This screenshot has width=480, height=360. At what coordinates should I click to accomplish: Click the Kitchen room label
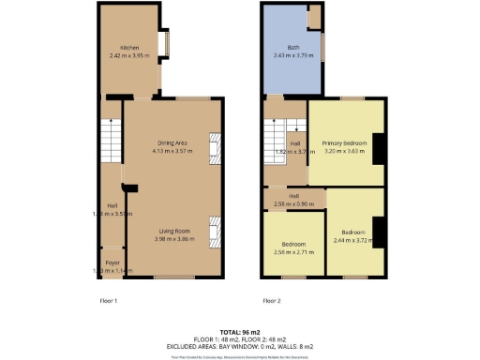(x=128, y=48)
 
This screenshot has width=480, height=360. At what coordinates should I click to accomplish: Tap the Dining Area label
(x=172, y=142)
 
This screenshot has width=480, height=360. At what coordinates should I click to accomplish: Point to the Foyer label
(x=112, y=263)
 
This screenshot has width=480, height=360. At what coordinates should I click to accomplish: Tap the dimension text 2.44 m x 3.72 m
(x=353, y=239)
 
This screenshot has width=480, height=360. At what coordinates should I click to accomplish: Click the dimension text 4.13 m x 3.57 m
(x=172, y=150)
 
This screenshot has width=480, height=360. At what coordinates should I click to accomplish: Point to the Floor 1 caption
(x=109, y=301)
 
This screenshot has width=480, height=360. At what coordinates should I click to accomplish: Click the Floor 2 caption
(x=271, y=301)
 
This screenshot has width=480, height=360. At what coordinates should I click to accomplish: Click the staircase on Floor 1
(x=112, y=141)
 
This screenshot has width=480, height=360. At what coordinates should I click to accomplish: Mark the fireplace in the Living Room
(x=215, y=231)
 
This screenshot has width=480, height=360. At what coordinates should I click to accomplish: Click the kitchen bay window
(x=165, y=44)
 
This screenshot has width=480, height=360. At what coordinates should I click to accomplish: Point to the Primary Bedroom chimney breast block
(x=379, y=148)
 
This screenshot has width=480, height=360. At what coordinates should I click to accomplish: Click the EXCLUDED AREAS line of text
(x=240, y=346)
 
